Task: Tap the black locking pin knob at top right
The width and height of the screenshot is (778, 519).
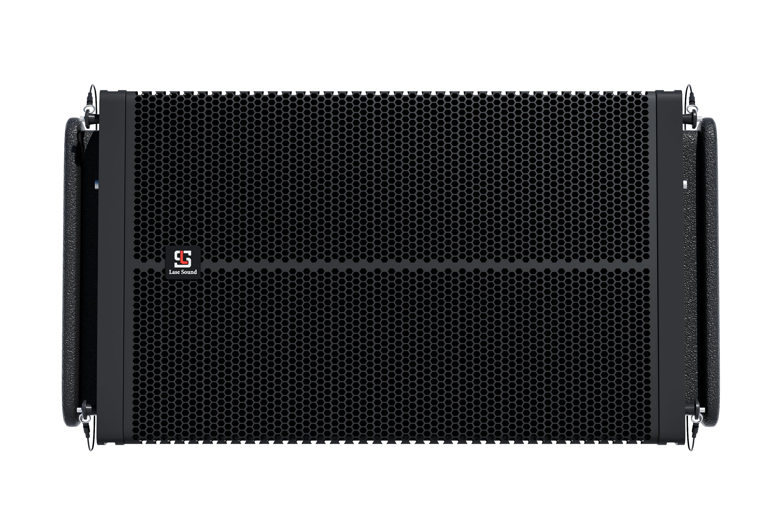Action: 689,118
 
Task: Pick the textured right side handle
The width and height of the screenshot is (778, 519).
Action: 708,272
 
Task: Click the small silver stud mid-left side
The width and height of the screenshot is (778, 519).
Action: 96,184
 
